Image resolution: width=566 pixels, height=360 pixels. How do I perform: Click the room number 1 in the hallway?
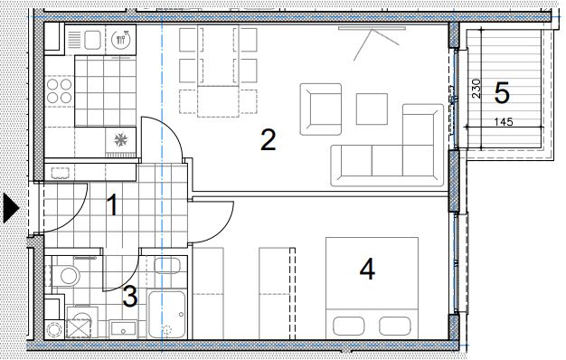[113, 205]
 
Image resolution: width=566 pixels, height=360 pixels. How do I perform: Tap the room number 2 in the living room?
[269, 140]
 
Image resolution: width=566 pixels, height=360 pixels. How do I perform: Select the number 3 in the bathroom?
[130, 296]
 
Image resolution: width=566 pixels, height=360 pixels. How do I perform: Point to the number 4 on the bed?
[367, 270]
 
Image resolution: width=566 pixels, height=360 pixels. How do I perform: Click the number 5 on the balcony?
[502, 93]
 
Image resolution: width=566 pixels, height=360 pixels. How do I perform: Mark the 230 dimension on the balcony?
[476, 89]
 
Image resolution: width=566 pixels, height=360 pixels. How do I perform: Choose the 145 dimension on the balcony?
[504, 122]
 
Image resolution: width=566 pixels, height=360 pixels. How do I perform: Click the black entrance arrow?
[11, 208]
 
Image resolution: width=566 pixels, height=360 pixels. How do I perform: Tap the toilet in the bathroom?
[66, 276]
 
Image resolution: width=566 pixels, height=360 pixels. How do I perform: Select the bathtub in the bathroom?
[167, 314]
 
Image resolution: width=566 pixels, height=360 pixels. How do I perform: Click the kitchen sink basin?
[92, 40]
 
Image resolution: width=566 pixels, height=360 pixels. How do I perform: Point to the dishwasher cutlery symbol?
[120, 39]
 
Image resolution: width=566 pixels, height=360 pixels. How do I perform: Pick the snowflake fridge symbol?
[120, 139]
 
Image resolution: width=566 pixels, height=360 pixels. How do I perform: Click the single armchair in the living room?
[321, 109]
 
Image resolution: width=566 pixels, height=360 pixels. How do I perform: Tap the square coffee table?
[372, 109]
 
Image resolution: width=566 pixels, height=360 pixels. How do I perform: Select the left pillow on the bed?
[349, 326]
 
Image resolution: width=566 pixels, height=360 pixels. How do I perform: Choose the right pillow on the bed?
[395, 326]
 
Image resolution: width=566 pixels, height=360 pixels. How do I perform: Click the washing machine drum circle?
[55, 329]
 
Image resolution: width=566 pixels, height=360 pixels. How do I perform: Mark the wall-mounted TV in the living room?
[372, 28]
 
